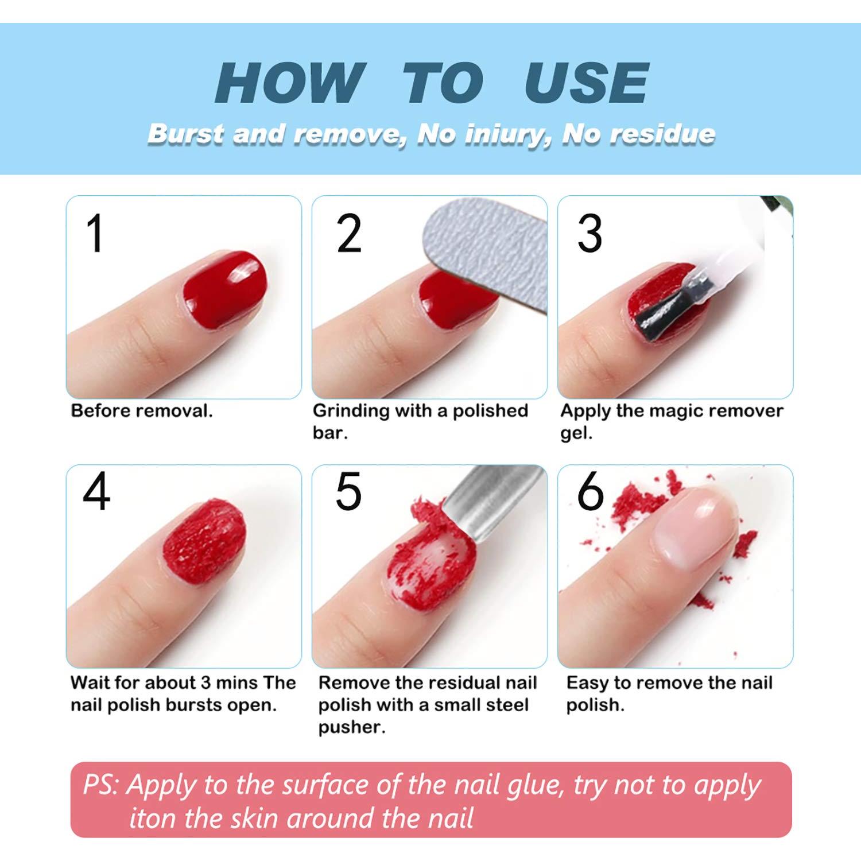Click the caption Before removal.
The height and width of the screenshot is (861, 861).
click(x=141, y=411)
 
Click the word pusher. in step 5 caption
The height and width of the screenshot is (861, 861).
click(x=351, y=727)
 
